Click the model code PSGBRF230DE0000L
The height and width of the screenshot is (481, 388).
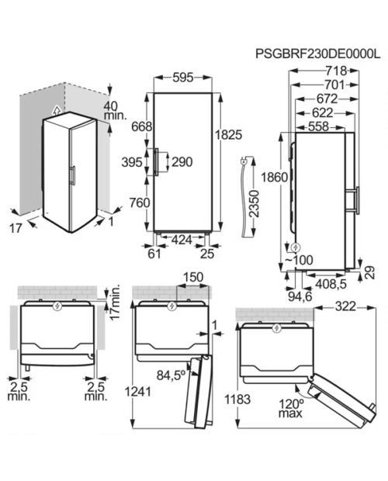317,54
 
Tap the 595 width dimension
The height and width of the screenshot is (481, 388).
183,78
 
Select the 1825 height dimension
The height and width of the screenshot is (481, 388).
228,135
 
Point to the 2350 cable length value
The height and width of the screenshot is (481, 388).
254,204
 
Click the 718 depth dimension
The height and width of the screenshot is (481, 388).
336,71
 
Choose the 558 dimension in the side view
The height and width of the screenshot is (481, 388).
318,126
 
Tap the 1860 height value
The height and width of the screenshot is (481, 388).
275,177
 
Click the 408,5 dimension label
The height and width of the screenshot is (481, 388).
331,284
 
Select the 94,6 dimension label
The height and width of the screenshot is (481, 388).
300,296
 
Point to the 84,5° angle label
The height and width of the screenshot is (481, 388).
171,375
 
